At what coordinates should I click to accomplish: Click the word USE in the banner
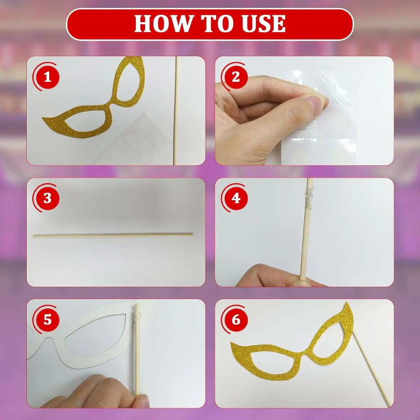click(263, 23)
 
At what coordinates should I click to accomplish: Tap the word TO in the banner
click(217, 23)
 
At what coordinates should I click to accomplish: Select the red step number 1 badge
click(48, 77)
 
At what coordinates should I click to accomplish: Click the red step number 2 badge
click(236, 77)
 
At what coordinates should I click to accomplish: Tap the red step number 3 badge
click(48, 198)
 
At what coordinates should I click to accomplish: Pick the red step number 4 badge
click(236, 198)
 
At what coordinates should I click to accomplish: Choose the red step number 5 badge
click(48, 320)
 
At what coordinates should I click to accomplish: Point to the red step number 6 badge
click(236, 320)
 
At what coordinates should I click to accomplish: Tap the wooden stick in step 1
click(176, 110)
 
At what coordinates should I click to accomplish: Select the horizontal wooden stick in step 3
click(112, 235)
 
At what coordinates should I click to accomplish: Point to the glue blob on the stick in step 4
click(310, 198)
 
